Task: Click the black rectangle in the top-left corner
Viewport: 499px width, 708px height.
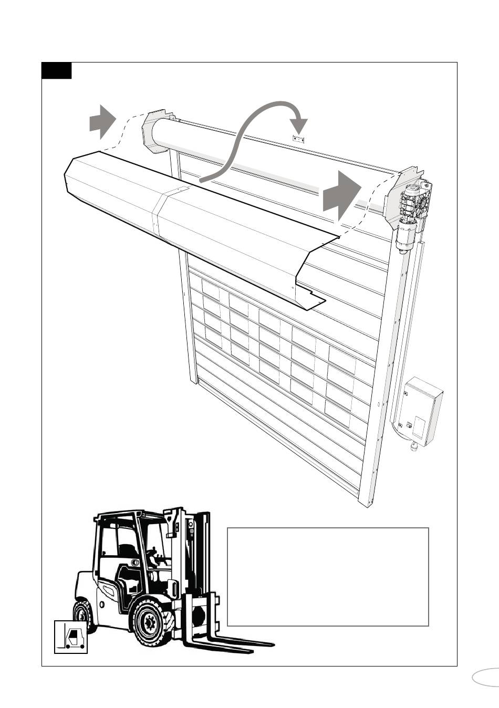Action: click(57, 70)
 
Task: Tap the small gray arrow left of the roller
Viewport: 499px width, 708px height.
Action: click(102, 121)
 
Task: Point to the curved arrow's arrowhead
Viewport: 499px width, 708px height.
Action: click(299, 126)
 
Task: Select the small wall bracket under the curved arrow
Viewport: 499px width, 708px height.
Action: click(298, 139)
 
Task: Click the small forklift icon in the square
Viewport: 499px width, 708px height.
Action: click(71, 637)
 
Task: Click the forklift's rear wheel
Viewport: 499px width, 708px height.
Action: click(84, 617)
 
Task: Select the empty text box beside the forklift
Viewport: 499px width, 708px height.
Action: click(328, 577)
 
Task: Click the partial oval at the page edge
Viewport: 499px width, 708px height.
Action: click(486, 677)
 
